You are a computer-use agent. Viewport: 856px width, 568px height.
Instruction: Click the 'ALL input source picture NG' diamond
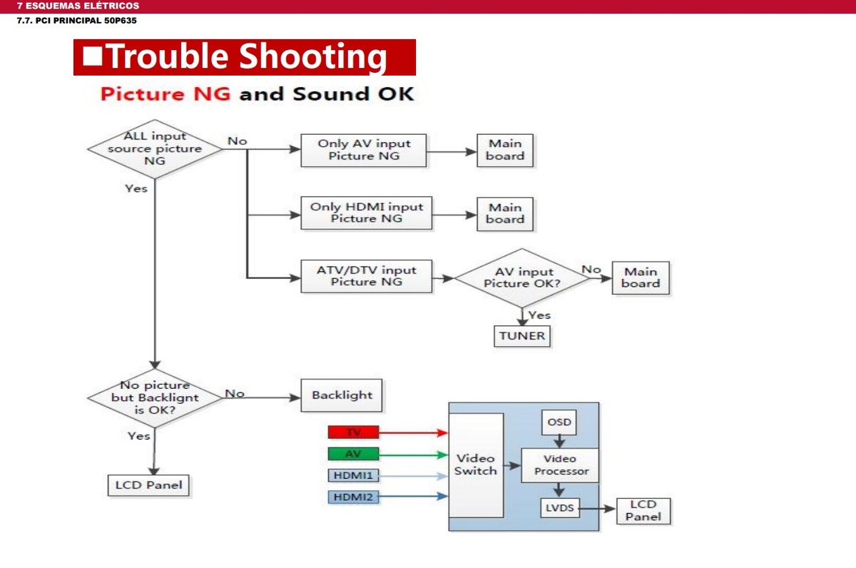tap(155, 148)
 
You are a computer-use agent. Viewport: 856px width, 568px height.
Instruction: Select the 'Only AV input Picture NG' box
tap(363, 151)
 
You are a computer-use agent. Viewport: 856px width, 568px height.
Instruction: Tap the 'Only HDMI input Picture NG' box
tap(367, 213)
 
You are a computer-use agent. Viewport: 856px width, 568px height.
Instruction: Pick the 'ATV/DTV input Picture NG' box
tap(367, 276)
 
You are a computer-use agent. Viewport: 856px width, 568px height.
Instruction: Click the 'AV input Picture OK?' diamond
tap(522, 278)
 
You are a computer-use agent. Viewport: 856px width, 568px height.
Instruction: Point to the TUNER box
tap(522, 336)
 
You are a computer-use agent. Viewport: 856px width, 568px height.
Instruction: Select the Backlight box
tap(341, 395)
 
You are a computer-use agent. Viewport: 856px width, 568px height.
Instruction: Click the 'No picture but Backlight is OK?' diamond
tap(155, 398)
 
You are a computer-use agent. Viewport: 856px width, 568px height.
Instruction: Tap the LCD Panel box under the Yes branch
tap(148, 485)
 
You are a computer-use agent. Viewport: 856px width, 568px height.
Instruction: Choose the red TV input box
tap(354, 432)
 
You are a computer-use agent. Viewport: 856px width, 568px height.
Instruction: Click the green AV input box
tap(354, 454)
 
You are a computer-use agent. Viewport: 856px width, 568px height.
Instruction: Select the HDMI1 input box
tap(354, 475)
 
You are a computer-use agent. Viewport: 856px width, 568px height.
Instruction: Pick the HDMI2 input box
tap(354, 497)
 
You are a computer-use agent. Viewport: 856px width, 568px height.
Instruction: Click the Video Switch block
tap(476, 465)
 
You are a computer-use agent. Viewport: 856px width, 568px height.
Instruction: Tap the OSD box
tap(559, 422)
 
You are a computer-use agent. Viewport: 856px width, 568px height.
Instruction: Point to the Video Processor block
tap(560, 465)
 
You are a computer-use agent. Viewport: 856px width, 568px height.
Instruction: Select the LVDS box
tap(560, 508)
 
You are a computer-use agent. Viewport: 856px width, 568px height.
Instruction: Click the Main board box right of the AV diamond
tap(641, 278)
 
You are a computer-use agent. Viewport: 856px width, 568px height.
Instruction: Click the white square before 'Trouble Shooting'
tap(92, 56)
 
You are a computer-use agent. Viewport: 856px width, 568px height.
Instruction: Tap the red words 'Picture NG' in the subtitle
tap(165, 94)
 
